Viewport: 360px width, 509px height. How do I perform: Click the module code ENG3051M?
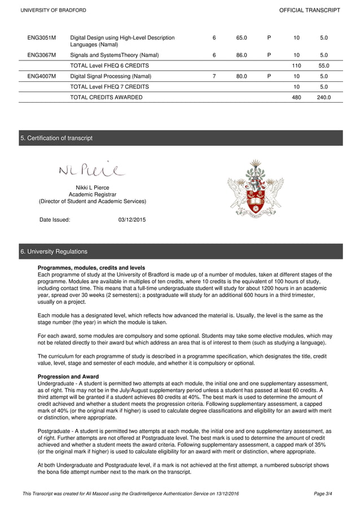[x=42, y=38]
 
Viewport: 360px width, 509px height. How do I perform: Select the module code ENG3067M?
[x=42, y=55]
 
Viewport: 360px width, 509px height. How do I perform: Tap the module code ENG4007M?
[x=42, y=76]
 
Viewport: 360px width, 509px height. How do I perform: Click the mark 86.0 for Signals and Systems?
[x=242, y=55]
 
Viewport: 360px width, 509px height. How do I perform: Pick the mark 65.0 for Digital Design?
[x=242, y=38]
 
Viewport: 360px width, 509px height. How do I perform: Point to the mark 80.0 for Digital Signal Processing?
[x=242, y=76]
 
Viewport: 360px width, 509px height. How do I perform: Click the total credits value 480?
[x=296, y=97]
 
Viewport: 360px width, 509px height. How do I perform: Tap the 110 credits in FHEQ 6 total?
[x=296, y=65]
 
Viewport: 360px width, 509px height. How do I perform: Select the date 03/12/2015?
[x=131, y=220]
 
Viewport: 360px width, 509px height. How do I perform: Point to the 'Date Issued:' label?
[x=55, y=220]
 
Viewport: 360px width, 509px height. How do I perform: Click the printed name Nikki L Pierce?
[x=92, y=187]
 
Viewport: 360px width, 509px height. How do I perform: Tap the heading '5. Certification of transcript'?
[x=56, y=138]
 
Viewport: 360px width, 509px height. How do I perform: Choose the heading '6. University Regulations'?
[x=54, y=251]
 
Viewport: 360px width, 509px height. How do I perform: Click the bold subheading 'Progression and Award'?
[x=68, y=377]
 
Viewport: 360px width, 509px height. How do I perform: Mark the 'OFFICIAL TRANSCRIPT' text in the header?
[x=310, y=10]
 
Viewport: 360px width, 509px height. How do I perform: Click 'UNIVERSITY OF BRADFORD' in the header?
[x=53, y=10]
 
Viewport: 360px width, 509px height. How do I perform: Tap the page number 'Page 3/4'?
[x=323, y=494]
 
